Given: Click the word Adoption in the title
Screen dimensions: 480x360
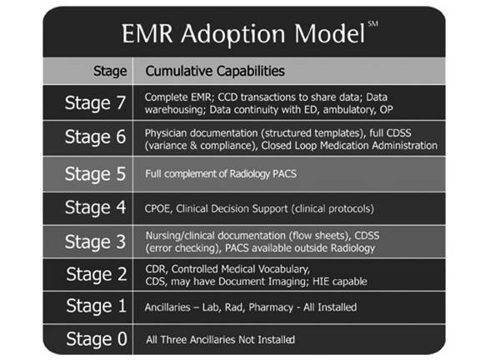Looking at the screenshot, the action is [233, 34].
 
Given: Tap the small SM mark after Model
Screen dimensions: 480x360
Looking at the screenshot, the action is [373, 24].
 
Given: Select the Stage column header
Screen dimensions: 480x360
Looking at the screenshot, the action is [110, 72].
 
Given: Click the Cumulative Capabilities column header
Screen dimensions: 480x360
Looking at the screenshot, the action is [215, 71].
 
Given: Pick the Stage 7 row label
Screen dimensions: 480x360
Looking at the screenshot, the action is [95, 102].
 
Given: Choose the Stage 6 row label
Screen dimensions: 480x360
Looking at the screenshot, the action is [95, 137].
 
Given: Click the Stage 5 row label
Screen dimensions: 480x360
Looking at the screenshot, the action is [95, 174].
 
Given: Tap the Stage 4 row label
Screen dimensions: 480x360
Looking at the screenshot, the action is [95, 207].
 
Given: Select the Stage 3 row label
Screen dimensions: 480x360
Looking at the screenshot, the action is [95, 242].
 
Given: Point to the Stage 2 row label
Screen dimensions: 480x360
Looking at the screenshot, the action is [97, 274].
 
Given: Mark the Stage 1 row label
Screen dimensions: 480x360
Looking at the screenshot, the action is [97, 306].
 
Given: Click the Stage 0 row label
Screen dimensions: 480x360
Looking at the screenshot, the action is [97, 339].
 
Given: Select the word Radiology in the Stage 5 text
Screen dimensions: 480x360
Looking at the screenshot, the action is [249, 174].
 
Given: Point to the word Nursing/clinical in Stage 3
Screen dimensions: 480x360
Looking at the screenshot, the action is [180, 236].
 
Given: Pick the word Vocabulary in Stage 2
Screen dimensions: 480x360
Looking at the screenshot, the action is [284, 269].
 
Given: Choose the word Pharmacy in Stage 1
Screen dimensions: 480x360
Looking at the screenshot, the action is [271, 307].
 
